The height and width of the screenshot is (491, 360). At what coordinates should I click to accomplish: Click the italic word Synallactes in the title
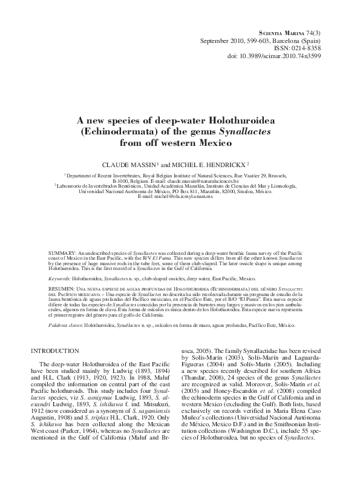(x=249, y=131)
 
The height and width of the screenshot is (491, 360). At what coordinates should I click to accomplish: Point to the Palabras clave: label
(x=65, y=325)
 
